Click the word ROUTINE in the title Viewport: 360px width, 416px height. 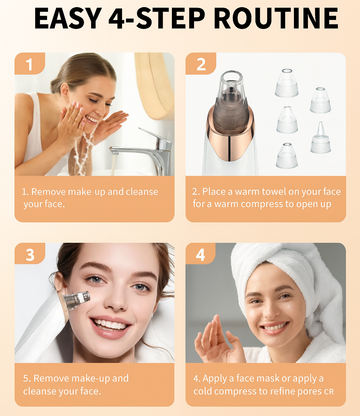point(276,18)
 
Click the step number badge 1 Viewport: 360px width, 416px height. point(30,64)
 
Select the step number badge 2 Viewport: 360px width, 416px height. point(201,64)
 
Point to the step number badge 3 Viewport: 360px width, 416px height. point(30,254)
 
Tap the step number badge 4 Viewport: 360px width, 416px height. point(200,254)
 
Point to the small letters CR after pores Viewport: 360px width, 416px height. point(329,392)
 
